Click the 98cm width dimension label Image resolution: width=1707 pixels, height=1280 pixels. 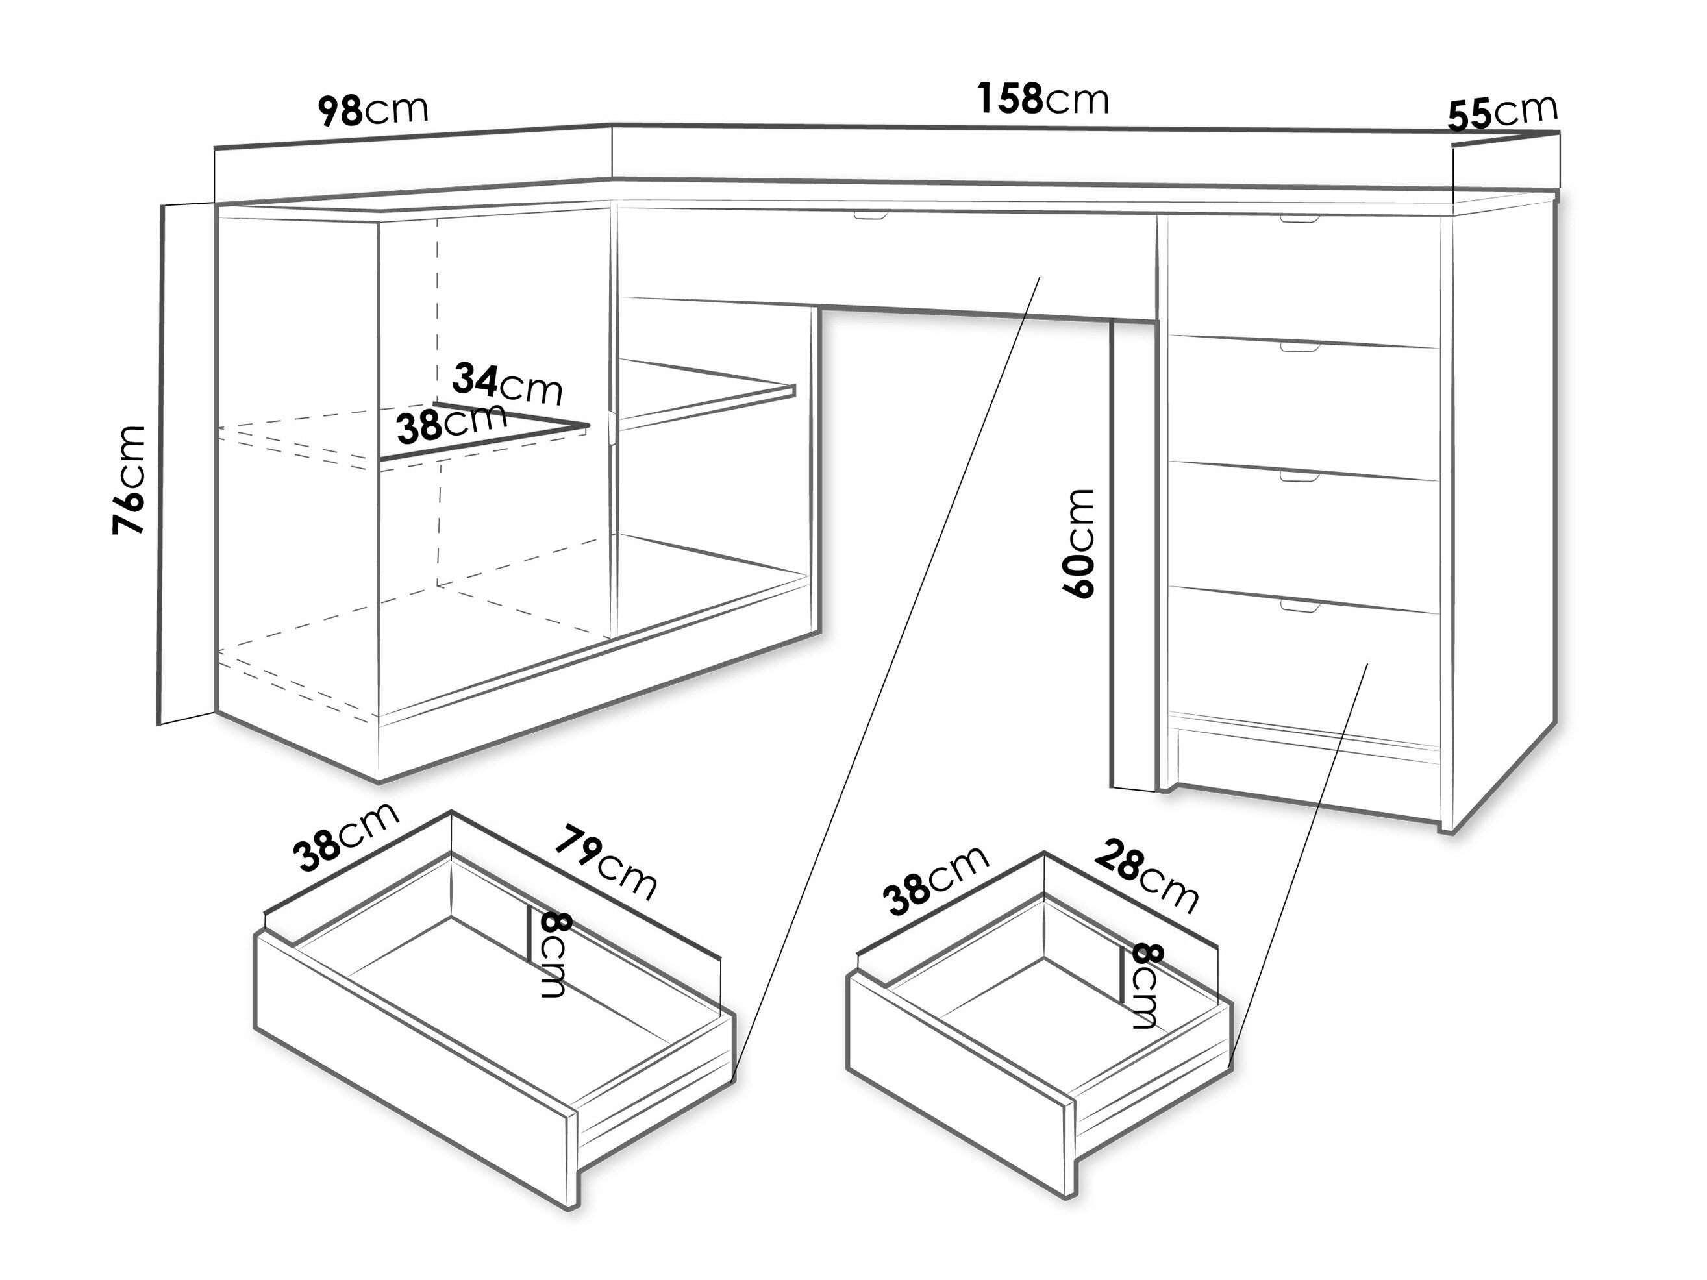[373, 110]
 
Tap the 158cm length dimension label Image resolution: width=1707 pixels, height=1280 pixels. [1043, 99]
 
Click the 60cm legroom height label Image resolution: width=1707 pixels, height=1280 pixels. [1078, 543]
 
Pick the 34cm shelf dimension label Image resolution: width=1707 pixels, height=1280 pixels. [508, 384]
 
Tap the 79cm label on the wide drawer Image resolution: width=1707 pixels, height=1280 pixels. [606, 863]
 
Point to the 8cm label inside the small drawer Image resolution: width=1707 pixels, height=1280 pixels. [1146, 986]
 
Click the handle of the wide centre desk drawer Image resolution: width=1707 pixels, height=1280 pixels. [871, 217]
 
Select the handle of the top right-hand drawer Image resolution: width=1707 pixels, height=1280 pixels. [1299, 221]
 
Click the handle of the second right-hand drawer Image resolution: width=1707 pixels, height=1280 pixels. [1299, 348]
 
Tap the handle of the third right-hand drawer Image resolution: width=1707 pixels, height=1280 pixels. [1299, 477]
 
